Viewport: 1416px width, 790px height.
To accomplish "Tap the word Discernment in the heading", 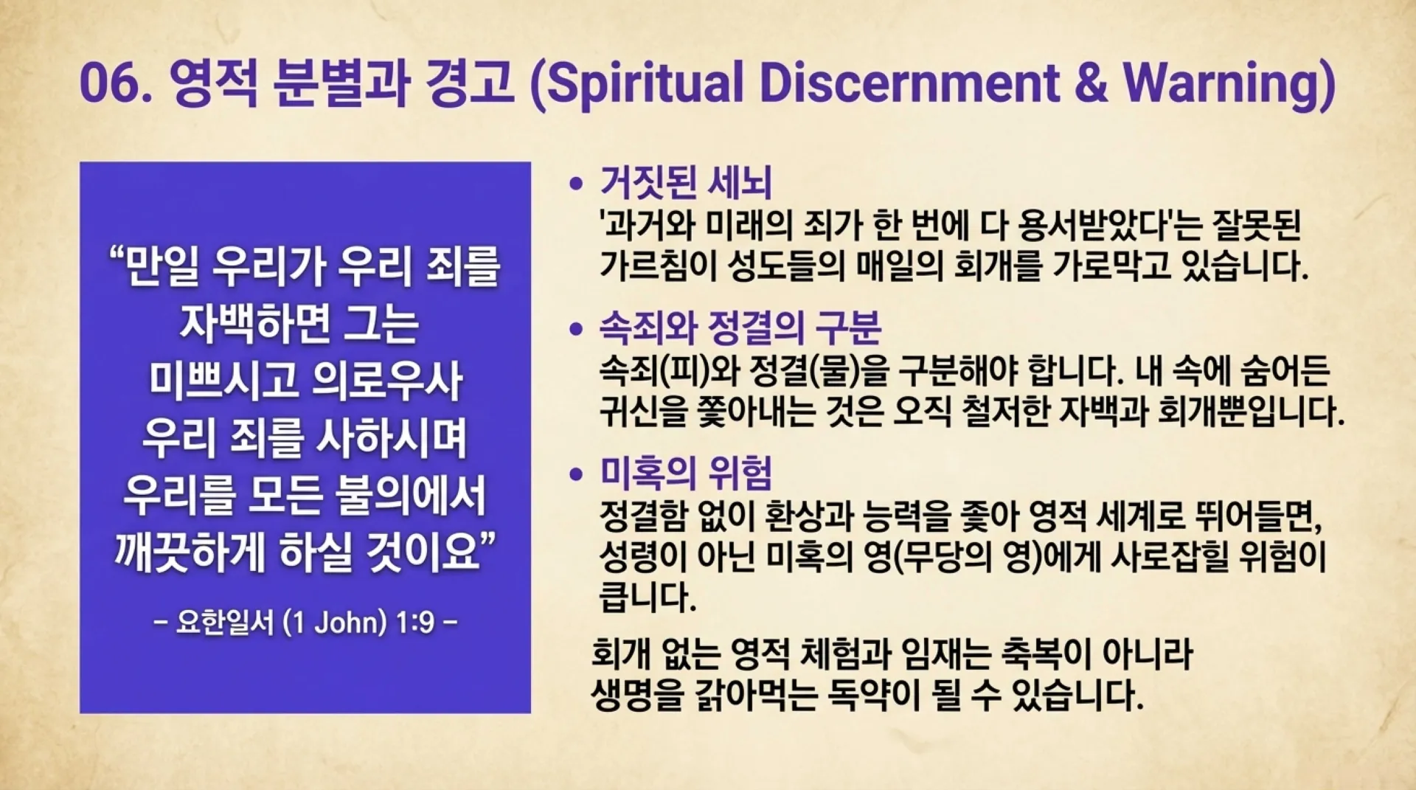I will click(909, 82).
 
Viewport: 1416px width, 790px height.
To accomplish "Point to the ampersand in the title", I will click(1091, 82).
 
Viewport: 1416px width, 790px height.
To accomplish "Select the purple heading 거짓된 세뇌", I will click(686, 182).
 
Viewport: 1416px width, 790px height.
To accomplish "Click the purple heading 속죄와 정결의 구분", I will click(740, 328).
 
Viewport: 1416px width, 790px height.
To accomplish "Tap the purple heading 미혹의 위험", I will click(686, 473).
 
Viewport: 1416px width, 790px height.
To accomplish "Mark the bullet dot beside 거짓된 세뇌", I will click(576, 184).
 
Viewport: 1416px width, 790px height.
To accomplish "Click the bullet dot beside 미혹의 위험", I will click(576, 474).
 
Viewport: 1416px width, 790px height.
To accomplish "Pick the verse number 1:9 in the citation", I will click(414, 623).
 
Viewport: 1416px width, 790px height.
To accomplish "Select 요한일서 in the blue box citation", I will click(225, 623).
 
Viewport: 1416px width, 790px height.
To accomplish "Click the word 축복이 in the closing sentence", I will click(1045, 653).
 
